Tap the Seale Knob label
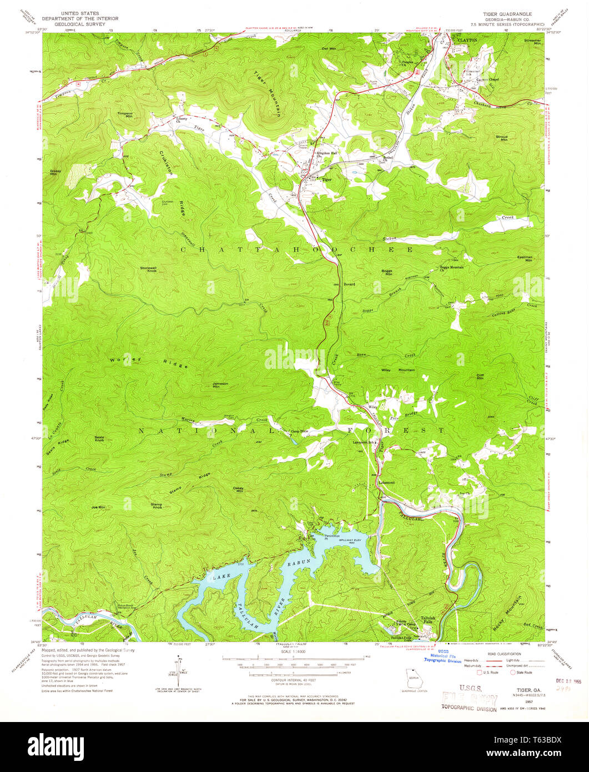(x=99, y=438)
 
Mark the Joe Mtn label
(x=98, y=507)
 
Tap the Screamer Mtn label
(x=532, y=42)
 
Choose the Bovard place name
(x=349, y=284)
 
